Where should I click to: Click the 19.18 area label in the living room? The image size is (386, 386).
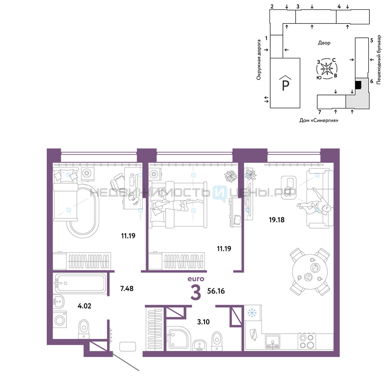coord(277,220)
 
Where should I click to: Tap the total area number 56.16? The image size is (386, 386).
coord(216,291)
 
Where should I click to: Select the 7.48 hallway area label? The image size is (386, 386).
coord(127,288)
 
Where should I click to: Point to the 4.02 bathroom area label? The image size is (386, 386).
coord(85,306)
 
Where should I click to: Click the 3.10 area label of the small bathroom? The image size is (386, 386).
coord(203,322)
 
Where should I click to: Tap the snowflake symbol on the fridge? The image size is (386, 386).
coord(252,313)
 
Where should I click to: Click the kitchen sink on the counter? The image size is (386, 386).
coord(273,342)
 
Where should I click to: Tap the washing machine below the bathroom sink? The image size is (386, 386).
coord(60,319)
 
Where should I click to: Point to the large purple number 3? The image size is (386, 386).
coord(196,293)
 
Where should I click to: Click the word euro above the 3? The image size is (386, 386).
coord(196,279)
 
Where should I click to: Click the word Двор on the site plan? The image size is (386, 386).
coord(324,43)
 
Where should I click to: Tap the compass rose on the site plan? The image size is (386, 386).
coord(327,69)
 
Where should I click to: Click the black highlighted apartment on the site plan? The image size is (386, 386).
coord(358,85)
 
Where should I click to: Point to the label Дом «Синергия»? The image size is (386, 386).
coord(319,120)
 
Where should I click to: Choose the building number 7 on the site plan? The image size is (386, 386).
coord(320,112)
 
